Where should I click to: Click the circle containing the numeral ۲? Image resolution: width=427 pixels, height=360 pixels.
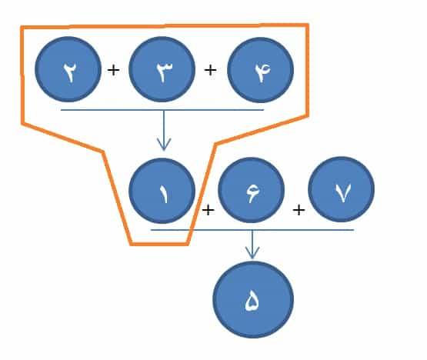[68, 69]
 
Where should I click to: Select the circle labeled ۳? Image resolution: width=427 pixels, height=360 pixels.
[162, 69]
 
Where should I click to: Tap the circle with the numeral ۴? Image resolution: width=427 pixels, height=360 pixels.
[260, 70]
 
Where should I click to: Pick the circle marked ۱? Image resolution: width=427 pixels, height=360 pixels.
[162, 191]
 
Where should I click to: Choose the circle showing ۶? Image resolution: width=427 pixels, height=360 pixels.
[252, 190]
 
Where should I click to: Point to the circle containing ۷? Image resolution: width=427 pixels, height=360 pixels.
[342, 189]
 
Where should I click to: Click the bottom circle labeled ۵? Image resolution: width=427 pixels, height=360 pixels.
[253, 299]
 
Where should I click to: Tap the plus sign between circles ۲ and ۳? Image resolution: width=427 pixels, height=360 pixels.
[113, 71]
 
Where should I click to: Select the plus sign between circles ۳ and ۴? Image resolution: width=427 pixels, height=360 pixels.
[210, 71]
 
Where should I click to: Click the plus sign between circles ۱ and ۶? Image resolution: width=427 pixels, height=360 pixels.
[208, 210]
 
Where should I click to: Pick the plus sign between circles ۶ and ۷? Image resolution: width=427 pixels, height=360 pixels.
[299, 210]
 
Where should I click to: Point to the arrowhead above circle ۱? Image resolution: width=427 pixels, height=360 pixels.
[164, 145]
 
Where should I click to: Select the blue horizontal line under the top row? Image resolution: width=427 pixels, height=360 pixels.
[162, 110]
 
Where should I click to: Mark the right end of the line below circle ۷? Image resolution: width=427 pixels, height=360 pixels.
[354, 230]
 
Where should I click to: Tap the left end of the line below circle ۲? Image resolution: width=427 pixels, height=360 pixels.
[61, 110]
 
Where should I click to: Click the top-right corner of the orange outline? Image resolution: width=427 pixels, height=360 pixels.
[308, 25]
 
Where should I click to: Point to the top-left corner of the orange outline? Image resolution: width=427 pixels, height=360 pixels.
[22, 27]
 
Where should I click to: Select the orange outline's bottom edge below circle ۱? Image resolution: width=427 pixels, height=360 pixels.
[159, 244]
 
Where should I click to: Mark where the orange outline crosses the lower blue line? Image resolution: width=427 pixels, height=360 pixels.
[191, 230]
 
